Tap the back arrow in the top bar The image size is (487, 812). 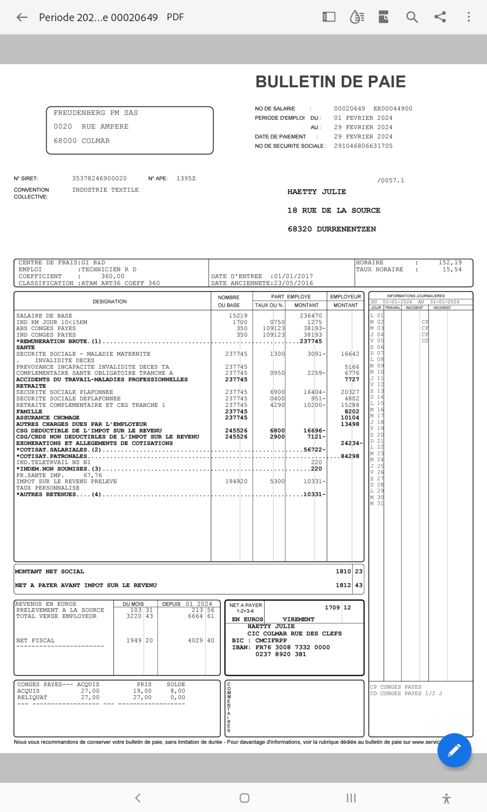22,17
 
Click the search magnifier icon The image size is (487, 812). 412,17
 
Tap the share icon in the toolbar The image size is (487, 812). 440,17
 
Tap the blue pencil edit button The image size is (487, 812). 454,750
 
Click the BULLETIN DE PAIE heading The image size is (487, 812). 330,82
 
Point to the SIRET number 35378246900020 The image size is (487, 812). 99,178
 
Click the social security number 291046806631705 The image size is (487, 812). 363,146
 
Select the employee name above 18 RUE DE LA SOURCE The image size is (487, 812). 316,192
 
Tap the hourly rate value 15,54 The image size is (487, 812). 452,269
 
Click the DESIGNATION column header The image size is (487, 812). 109,301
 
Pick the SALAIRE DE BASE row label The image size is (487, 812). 44,315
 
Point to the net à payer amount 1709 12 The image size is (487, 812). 338,607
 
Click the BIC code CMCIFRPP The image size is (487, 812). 271,640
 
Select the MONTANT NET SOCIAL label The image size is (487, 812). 49,571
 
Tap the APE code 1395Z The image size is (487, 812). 186,178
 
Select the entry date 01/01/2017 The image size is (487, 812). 293,276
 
